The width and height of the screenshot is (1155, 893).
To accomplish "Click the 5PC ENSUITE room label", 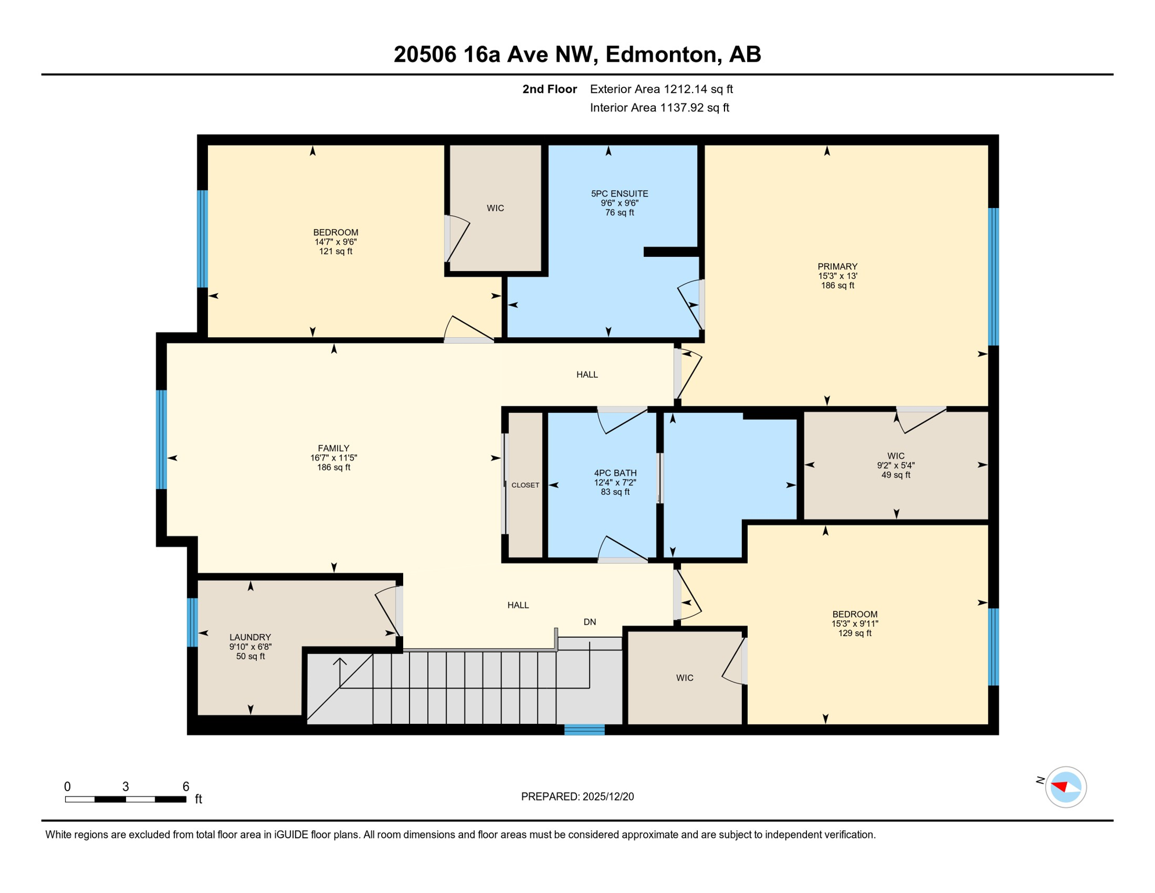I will pos(619,194).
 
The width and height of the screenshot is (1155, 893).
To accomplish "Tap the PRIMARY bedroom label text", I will pos(837,266).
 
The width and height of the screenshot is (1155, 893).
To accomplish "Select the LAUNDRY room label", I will pos(250,637).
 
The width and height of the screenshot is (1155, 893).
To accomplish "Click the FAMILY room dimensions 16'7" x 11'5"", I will pos(333,458).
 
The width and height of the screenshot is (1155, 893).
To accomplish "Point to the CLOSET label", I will pos(525,485).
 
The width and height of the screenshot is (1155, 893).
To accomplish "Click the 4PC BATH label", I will pos(615,473).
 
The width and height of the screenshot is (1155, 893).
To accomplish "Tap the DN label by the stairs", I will pos(590,622).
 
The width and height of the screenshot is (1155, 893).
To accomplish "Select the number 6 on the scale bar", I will pos(186,787).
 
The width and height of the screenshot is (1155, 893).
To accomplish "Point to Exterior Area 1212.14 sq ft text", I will pos(661,89).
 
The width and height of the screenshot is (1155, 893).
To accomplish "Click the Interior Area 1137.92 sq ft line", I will pos(659,108).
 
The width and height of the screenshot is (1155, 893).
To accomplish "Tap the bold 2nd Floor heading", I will pos(549,89).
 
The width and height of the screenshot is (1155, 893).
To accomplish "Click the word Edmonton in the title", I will pos(661,54).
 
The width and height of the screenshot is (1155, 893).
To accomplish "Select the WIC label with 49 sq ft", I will pos(895,456).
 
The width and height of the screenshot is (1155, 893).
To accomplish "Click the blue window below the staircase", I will pos(584,730).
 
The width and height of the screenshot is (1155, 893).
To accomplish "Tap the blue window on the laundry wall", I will pos(192,622).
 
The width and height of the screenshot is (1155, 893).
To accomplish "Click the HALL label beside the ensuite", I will pos(587,374).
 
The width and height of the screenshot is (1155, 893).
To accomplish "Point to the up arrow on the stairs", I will pos(340,663).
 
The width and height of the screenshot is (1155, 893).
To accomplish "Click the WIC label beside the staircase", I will pos(684,678).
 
